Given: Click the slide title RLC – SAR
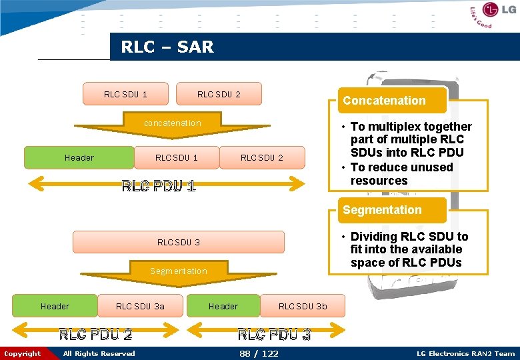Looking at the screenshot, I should coord(167,47).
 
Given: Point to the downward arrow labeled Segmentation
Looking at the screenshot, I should coord(178,273).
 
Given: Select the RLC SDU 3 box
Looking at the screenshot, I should coord(178,242).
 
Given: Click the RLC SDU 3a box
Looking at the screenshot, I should coord(140,307).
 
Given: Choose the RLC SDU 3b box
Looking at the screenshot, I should coord(303,307).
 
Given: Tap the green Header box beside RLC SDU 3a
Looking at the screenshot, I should coord(55,307).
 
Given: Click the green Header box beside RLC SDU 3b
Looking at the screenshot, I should coord(223,307).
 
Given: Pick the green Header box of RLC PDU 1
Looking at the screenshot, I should coord(79,158).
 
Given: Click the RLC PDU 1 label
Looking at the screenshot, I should coord(159,186).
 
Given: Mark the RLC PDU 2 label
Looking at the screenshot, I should coord(95,334).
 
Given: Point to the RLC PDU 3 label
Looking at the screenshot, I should coord(274,334).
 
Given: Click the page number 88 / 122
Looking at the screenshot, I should coord(259,353).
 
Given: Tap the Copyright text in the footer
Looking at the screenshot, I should coord(22,353).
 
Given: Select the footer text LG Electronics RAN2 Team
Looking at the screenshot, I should coord(465,353).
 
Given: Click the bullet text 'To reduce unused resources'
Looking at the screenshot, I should coord(401,174).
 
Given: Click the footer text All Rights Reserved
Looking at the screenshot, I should coord(99,353).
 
